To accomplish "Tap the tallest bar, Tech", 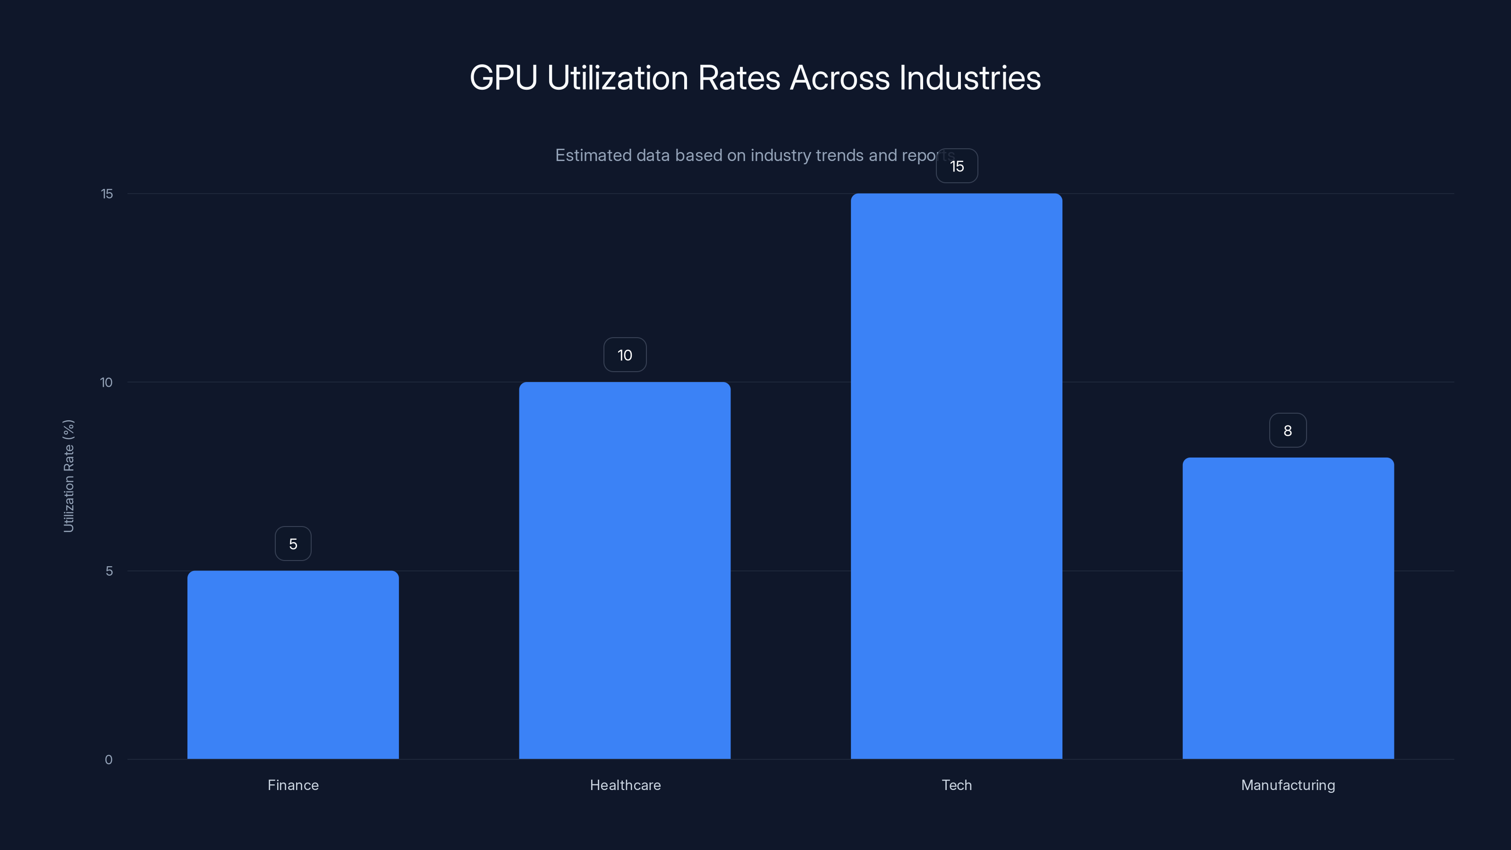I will tap(956, 476).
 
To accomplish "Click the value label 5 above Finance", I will tap(293, 544).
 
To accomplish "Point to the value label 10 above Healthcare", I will tap(625, 355).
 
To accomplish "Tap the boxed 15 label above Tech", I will tap(957, 166).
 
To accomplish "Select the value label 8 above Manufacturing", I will tap(1288, 431).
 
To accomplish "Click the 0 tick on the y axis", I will tap(109, 760).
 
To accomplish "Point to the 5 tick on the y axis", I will tap(109, 571).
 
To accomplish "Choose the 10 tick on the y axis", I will tap(106, 382).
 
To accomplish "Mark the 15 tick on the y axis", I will tap(107, 194).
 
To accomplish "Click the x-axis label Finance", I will tap(293, 785).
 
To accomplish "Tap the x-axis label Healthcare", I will tap(625, 785).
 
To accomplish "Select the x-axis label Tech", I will tap(957, 785).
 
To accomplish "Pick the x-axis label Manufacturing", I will tap(1288, 785).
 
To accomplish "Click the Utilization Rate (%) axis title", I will tap(68, 476).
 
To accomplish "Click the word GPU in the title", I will tap(503, 78).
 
